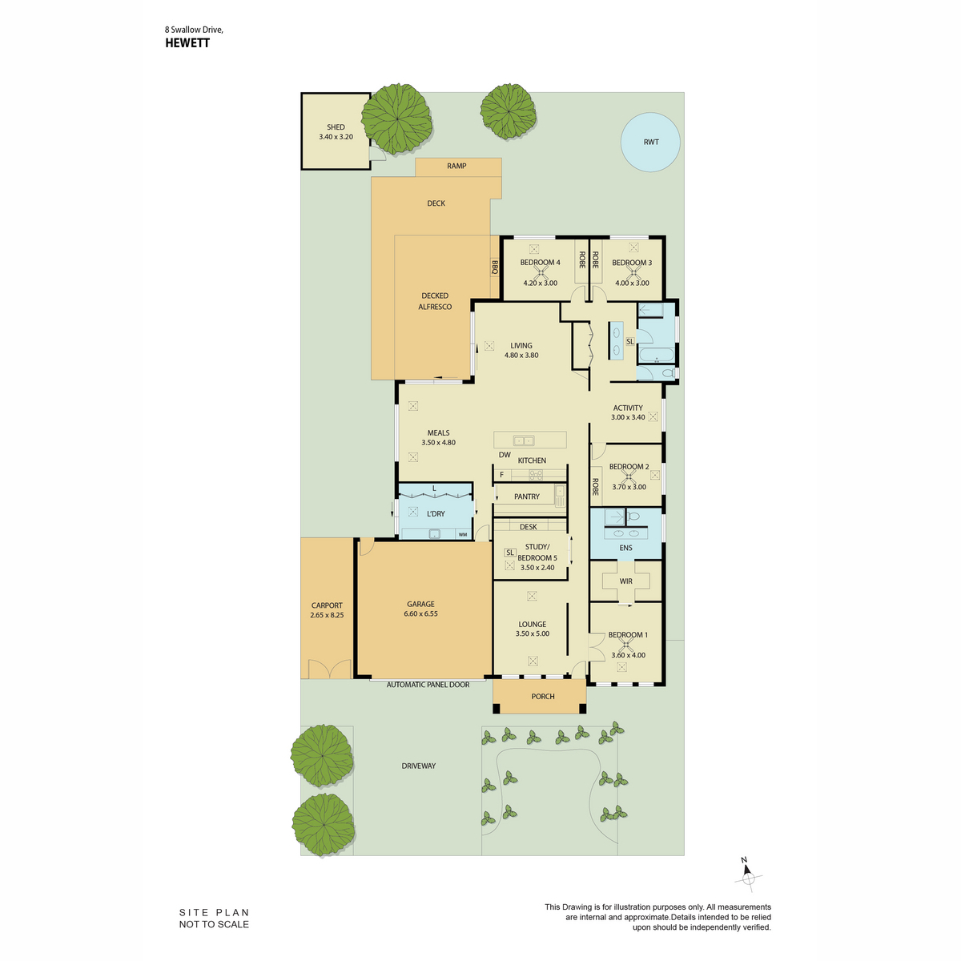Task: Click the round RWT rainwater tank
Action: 649,142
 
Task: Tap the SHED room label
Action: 336,127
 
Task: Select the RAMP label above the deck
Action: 456,166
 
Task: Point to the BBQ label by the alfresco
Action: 495,267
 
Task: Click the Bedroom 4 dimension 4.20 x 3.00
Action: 540,283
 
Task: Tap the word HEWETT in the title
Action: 187,43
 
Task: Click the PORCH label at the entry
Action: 543,696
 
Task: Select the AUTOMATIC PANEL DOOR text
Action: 428,685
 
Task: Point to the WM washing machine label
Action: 463,535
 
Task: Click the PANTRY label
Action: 527,497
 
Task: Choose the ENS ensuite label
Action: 626,548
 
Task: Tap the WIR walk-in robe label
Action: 626,581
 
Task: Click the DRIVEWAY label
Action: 418,766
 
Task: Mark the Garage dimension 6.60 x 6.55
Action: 421,613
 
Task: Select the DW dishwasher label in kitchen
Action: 505,454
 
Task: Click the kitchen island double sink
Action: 524,440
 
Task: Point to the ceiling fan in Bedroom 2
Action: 629,476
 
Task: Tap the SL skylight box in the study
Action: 509,553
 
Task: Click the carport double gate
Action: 330,668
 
